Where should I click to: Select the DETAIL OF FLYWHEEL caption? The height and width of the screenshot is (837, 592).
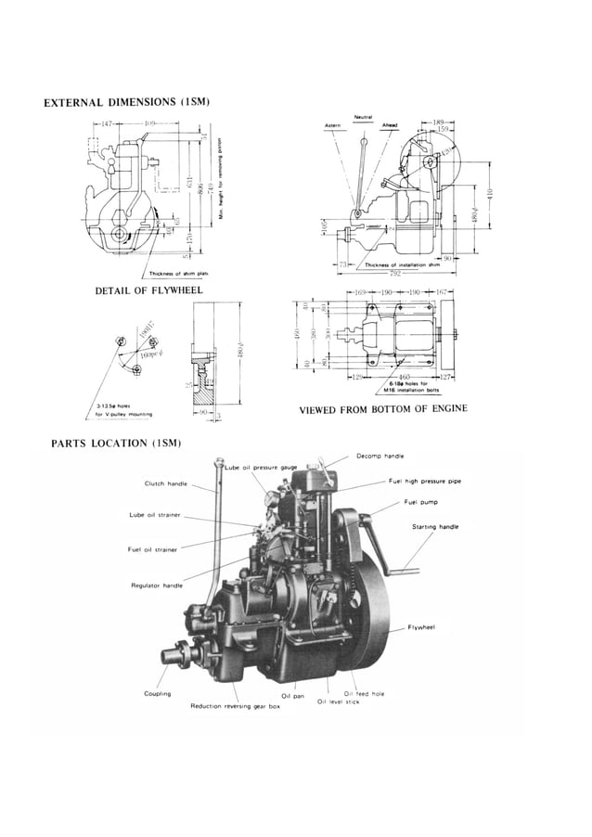[x=148, y=291]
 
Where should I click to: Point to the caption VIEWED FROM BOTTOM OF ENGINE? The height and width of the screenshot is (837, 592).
[x=382, y=409]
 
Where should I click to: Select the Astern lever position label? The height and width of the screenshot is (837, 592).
[x=332, y=125]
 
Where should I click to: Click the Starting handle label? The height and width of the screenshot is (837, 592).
[x=435, y=527]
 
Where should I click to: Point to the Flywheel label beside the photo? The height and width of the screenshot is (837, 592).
[x=422, y=627]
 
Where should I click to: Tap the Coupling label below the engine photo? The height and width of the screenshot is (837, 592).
[x=157, y=694]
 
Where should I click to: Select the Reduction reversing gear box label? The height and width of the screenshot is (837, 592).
[x=235, y=706]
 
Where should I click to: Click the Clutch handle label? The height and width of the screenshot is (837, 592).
[x=165, y=483]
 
